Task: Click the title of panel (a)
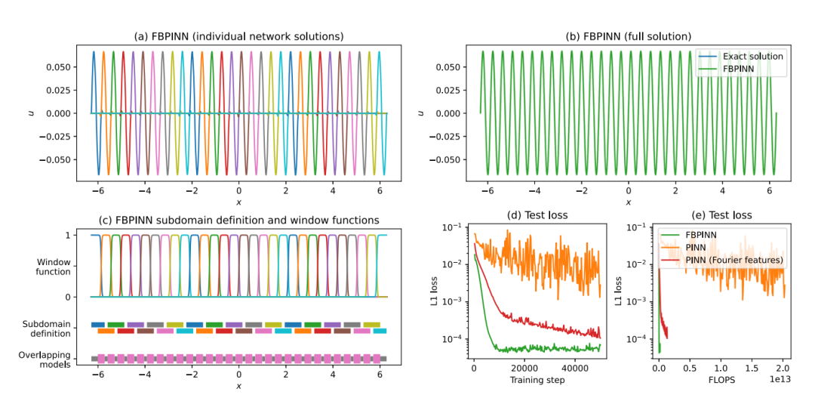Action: coord(238,36)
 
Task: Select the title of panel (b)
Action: coord(628,36)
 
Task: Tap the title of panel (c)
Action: coord(238,221)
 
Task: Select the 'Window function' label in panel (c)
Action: coord(54,267)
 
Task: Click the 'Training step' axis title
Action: coord(537,380)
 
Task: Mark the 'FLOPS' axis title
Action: coord(722,380)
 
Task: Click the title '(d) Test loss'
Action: coord(537,215)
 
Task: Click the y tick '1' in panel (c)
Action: coord(69,236)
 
